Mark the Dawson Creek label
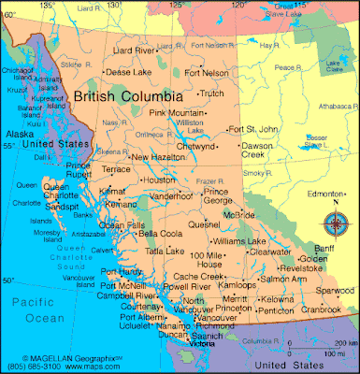tap(257, 151)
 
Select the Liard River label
tap(134, 50)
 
